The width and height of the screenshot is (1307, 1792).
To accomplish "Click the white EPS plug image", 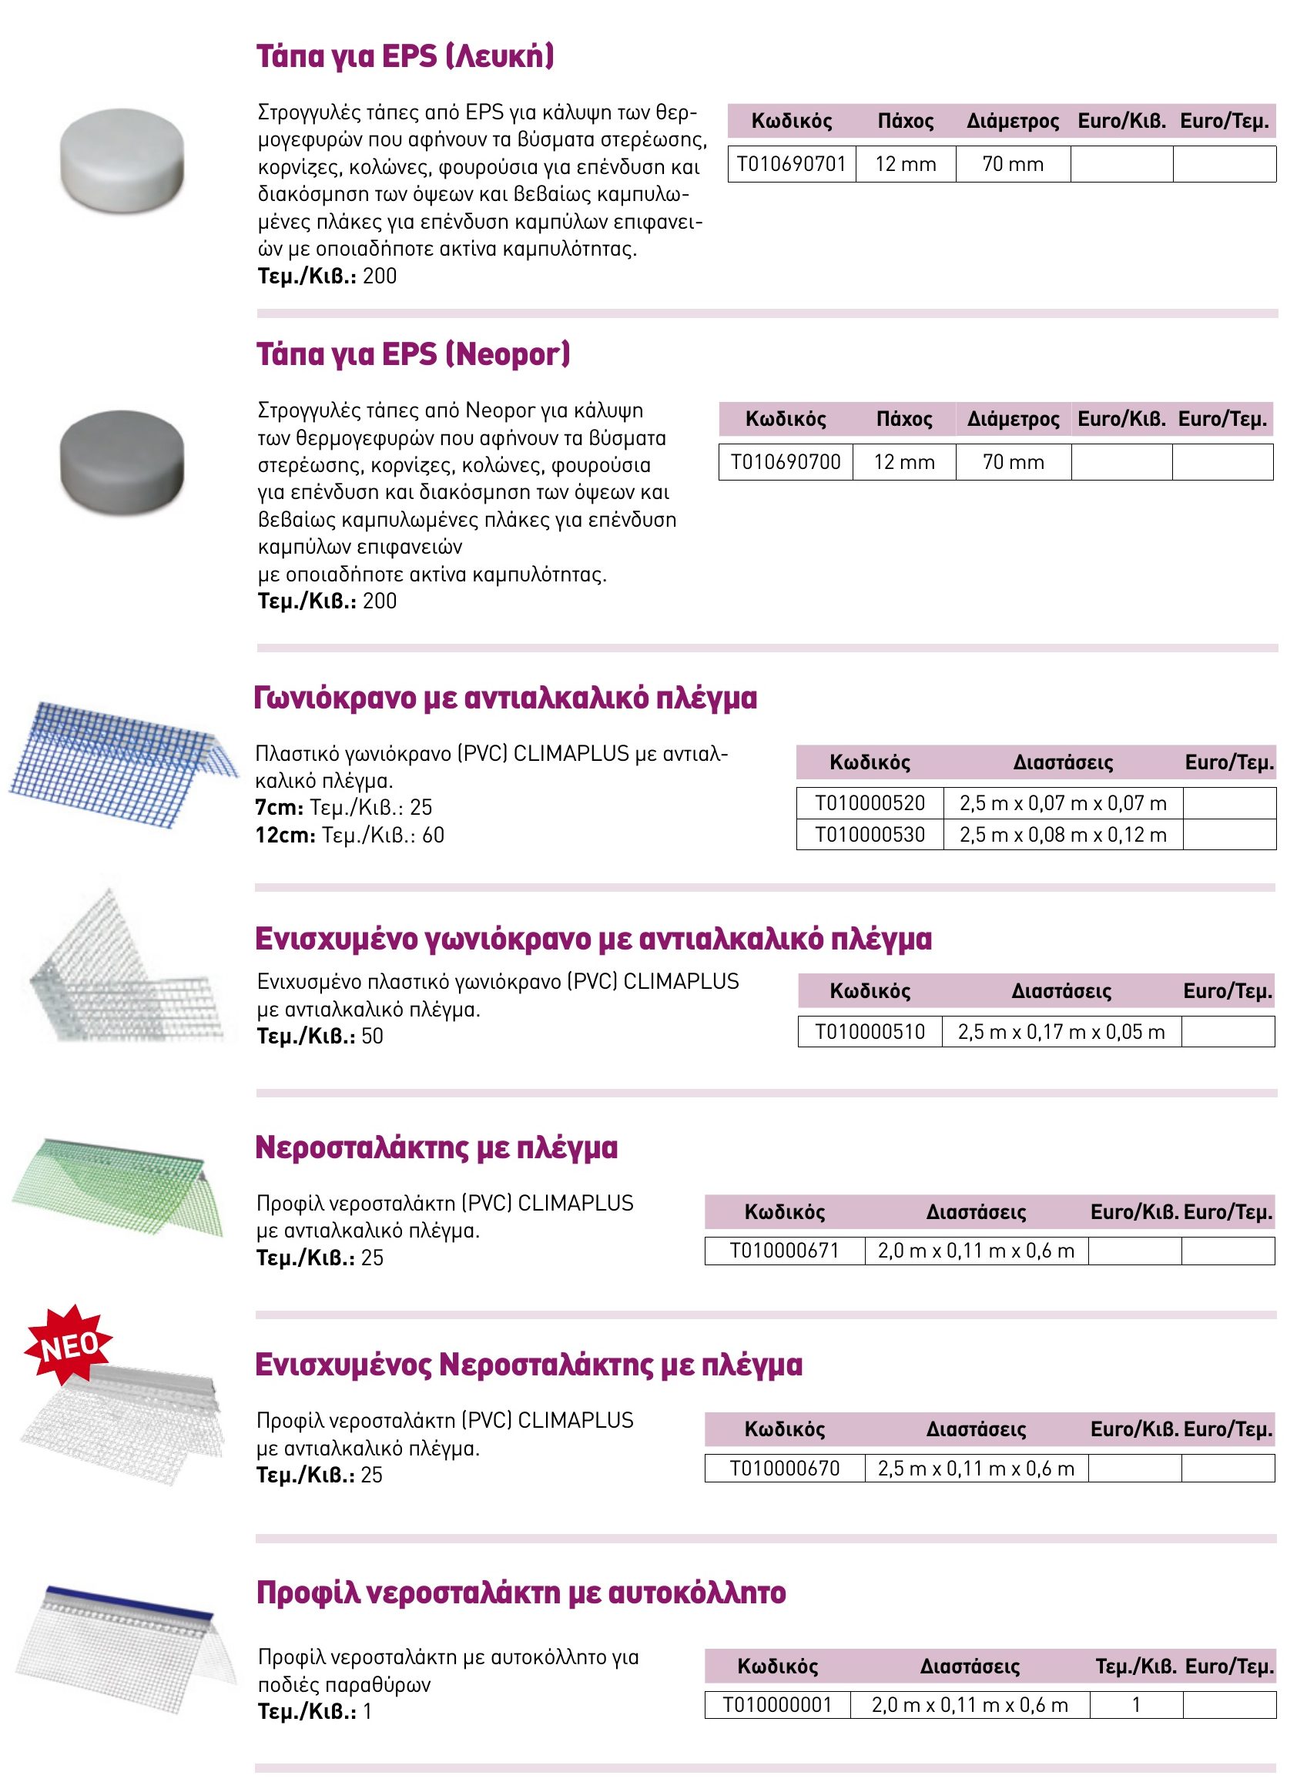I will point(122,161).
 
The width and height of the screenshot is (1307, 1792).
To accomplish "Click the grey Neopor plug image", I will point(122,461).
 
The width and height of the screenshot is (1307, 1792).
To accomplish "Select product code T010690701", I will point(791,164).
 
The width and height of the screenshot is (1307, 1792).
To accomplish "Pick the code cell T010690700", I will point(786,462).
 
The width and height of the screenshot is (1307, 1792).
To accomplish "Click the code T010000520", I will point(870,803).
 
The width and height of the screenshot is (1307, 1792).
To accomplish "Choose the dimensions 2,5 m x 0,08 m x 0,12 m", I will point(1063,835).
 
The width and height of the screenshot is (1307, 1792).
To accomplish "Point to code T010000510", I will point(870,1032).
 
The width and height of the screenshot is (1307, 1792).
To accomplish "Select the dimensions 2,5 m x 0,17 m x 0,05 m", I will point(1061,1032).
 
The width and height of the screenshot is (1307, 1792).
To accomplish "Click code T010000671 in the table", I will point(784,1251).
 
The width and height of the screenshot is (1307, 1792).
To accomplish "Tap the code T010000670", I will point(784,1469).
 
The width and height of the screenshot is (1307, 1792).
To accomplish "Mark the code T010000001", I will point(777,1705).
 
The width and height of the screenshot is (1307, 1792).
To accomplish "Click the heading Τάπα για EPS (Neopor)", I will point(412,354).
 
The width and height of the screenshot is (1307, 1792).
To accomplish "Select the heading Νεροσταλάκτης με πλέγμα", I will point(436,1147).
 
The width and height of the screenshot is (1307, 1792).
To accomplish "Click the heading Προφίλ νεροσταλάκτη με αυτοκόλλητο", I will point(521,1592).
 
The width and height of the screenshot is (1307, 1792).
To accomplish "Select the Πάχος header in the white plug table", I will point(905,121).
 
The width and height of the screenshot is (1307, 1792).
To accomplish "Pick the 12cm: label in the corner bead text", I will point(285,836).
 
